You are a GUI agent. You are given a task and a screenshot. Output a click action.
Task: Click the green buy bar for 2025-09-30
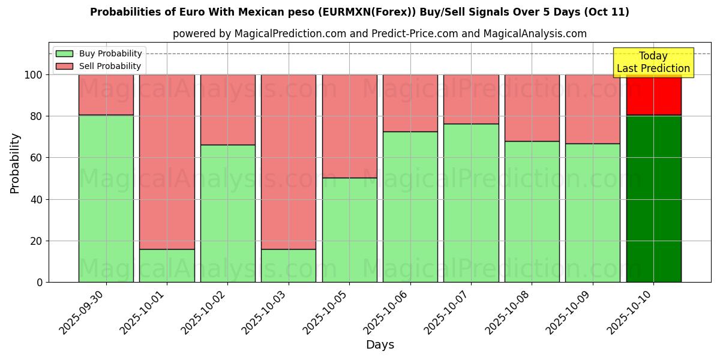[106, 198]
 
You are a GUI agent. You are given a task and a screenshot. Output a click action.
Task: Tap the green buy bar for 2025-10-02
[227, 213]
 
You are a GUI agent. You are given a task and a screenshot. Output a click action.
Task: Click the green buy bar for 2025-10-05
[349, 230]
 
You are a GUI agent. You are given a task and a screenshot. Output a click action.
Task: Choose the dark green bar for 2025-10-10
[653, 198]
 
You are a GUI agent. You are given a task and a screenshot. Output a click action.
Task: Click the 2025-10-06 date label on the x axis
[388, 312]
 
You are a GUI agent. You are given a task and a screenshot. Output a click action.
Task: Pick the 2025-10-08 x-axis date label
[510, 312]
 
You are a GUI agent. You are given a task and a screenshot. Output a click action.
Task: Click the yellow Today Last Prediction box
[653, 62]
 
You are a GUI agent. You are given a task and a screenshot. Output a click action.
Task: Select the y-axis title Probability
[15, 163]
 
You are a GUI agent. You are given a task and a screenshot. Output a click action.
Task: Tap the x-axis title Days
[380, 345]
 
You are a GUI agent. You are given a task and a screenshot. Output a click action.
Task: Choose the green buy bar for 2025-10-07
[471, 203]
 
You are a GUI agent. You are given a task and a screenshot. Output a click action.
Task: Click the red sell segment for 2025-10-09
[592, 109]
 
